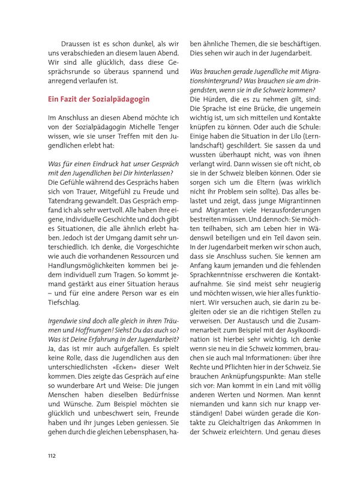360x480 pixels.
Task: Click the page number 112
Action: click(x=52, y=455)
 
